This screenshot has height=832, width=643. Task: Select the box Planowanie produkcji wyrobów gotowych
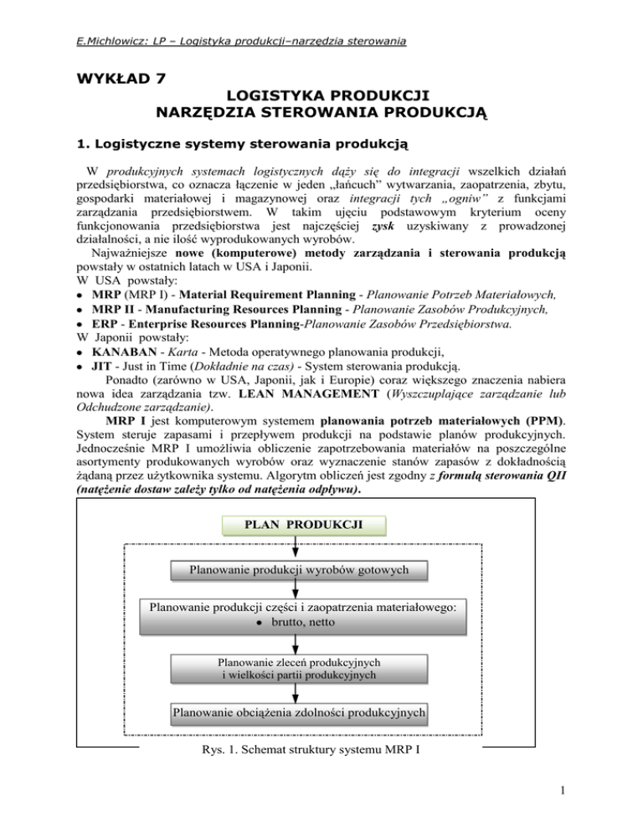pyautogui.click(x=299, y=570)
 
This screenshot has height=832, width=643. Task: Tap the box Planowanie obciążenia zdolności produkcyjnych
pyautogui.click(x=299, y=713)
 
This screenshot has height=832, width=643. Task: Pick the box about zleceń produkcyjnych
pyautogui.click(x=299, y=667)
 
